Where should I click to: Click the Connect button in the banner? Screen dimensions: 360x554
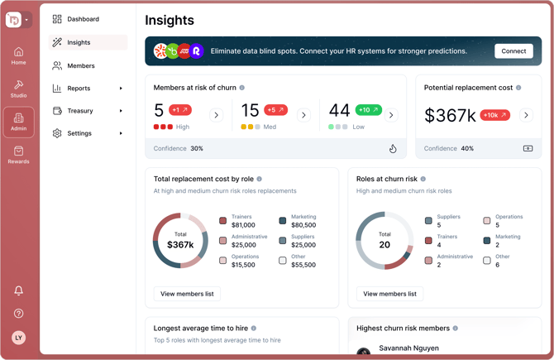pyautogui.click(x=513, y=50)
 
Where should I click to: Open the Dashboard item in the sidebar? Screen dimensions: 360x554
pyautogui.click(x=83, y=19)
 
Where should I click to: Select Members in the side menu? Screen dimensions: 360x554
pyautogui.click(x=80, y=65)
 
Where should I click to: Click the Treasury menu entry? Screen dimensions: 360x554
pyautogui.click(x=79, y=111)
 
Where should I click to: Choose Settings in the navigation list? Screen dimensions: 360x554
pyautogui.click(x=79, y=133)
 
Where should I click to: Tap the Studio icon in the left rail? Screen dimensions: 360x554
pyautogui.click(x=18, y=89)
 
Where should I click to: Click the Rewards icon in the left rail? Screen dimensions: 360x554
pyautogui.click(x=18, y=156)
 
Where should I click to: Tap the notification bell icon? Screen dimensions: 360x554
pyautogui.click(x=18, y=290)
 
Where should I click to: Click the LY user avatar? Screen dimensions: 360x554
pyautogui.click(x=18, y=338)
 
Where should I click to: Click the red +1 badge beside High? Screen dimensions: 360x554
pyautogui.click(x=180, y=110)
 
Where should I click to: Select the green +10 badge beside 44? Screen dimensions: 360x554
pyautogui.click(x=368, y=110)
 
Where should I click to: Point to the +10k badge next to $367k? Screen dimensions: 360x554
pyautogui.click(x=494, y=115)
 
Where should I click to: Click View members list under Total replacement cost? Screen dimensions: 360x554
pyautogui.click(x=187, y=294)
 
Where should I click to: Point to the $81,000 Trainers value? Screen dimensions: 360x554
pyautogui.click(x=243, y=225)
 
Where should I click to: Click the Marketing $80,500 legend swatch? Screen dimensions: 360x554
pyautogui.click(x=283, y=221)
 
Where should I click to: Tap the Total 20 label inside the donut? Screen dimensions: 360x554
pyautogui.click(x=384, y=241)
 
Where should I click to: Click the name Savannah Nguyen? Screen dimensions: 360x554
pyautogui.click(x=408, y=348)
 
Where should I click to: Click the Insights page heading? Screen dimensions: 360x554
pyautogui.click(x=170, y=20)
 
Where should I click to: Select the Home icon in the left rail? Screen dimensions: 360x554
pyautogui.click(x=18, y=55)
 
